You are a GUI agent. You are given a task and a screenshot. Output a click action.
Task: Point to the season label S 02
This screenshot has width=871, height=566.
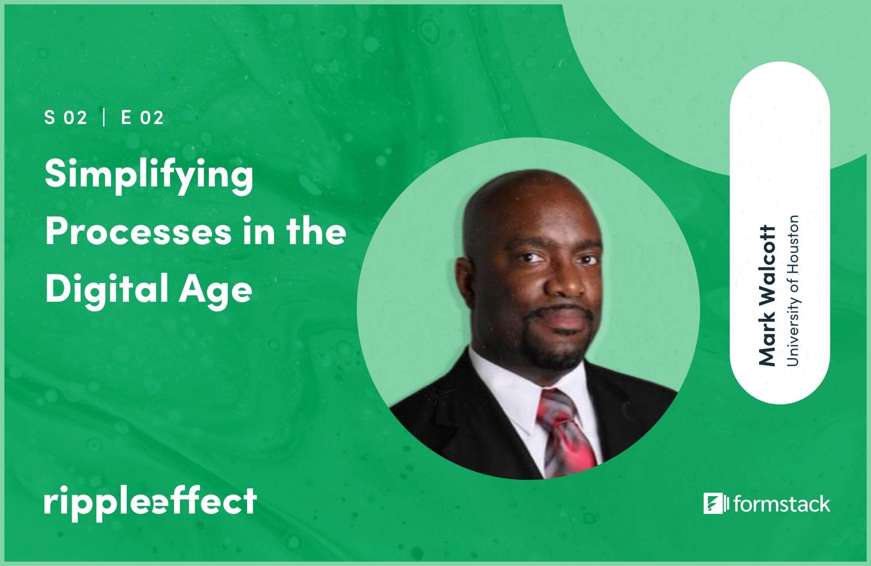pyautogui.click(x=66, y=118)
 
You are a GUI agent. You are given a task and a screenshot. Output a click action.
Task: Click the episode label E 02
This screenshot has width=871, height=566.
pyautogui.click(x=142, y=118)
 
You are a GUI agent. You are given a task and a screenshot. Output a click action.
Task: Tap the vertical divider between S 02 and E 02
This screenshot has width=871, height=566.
pyautogui.click(x=104, y=118)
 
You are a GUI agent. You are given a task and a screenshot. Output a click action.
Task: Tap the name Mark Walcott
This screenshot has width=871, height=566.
pyautogui.click(x=767, y=296)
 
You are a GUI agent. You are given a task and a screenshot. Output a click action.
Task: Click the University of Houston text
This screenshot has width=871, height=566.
pyautogui.click(x=792, y=290)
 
